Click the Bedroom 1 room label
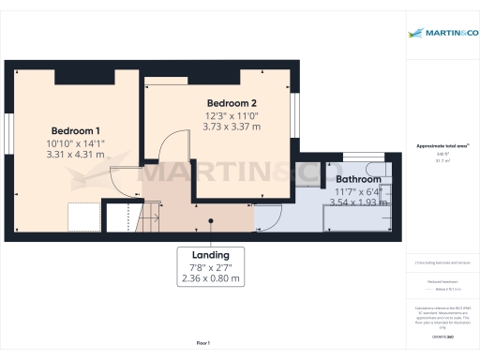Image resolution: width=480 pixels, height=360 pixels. [76, 129]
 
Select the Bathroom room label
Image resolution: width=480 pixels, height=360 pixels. [359, 178]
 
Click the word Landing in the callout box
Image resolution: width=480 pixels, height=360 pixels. [210, 254]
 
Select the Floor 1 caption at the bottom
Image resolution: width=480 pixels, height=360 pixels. [202, 343]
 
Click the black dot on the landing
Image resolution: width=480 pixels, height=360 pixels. [212, 221]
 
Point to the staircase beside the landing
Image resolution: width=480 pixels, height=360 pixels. [151, 217]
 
